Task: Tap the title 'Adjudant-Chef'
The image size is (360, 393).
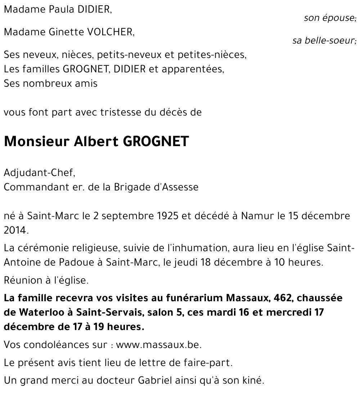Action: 39,173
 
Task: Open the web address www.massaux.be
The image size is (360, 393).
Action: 159,345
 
